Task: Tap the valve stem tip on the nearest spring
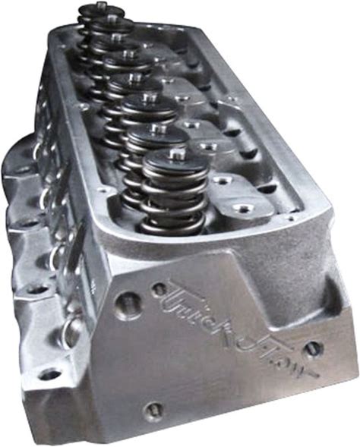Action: click(x=175, y=154)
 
